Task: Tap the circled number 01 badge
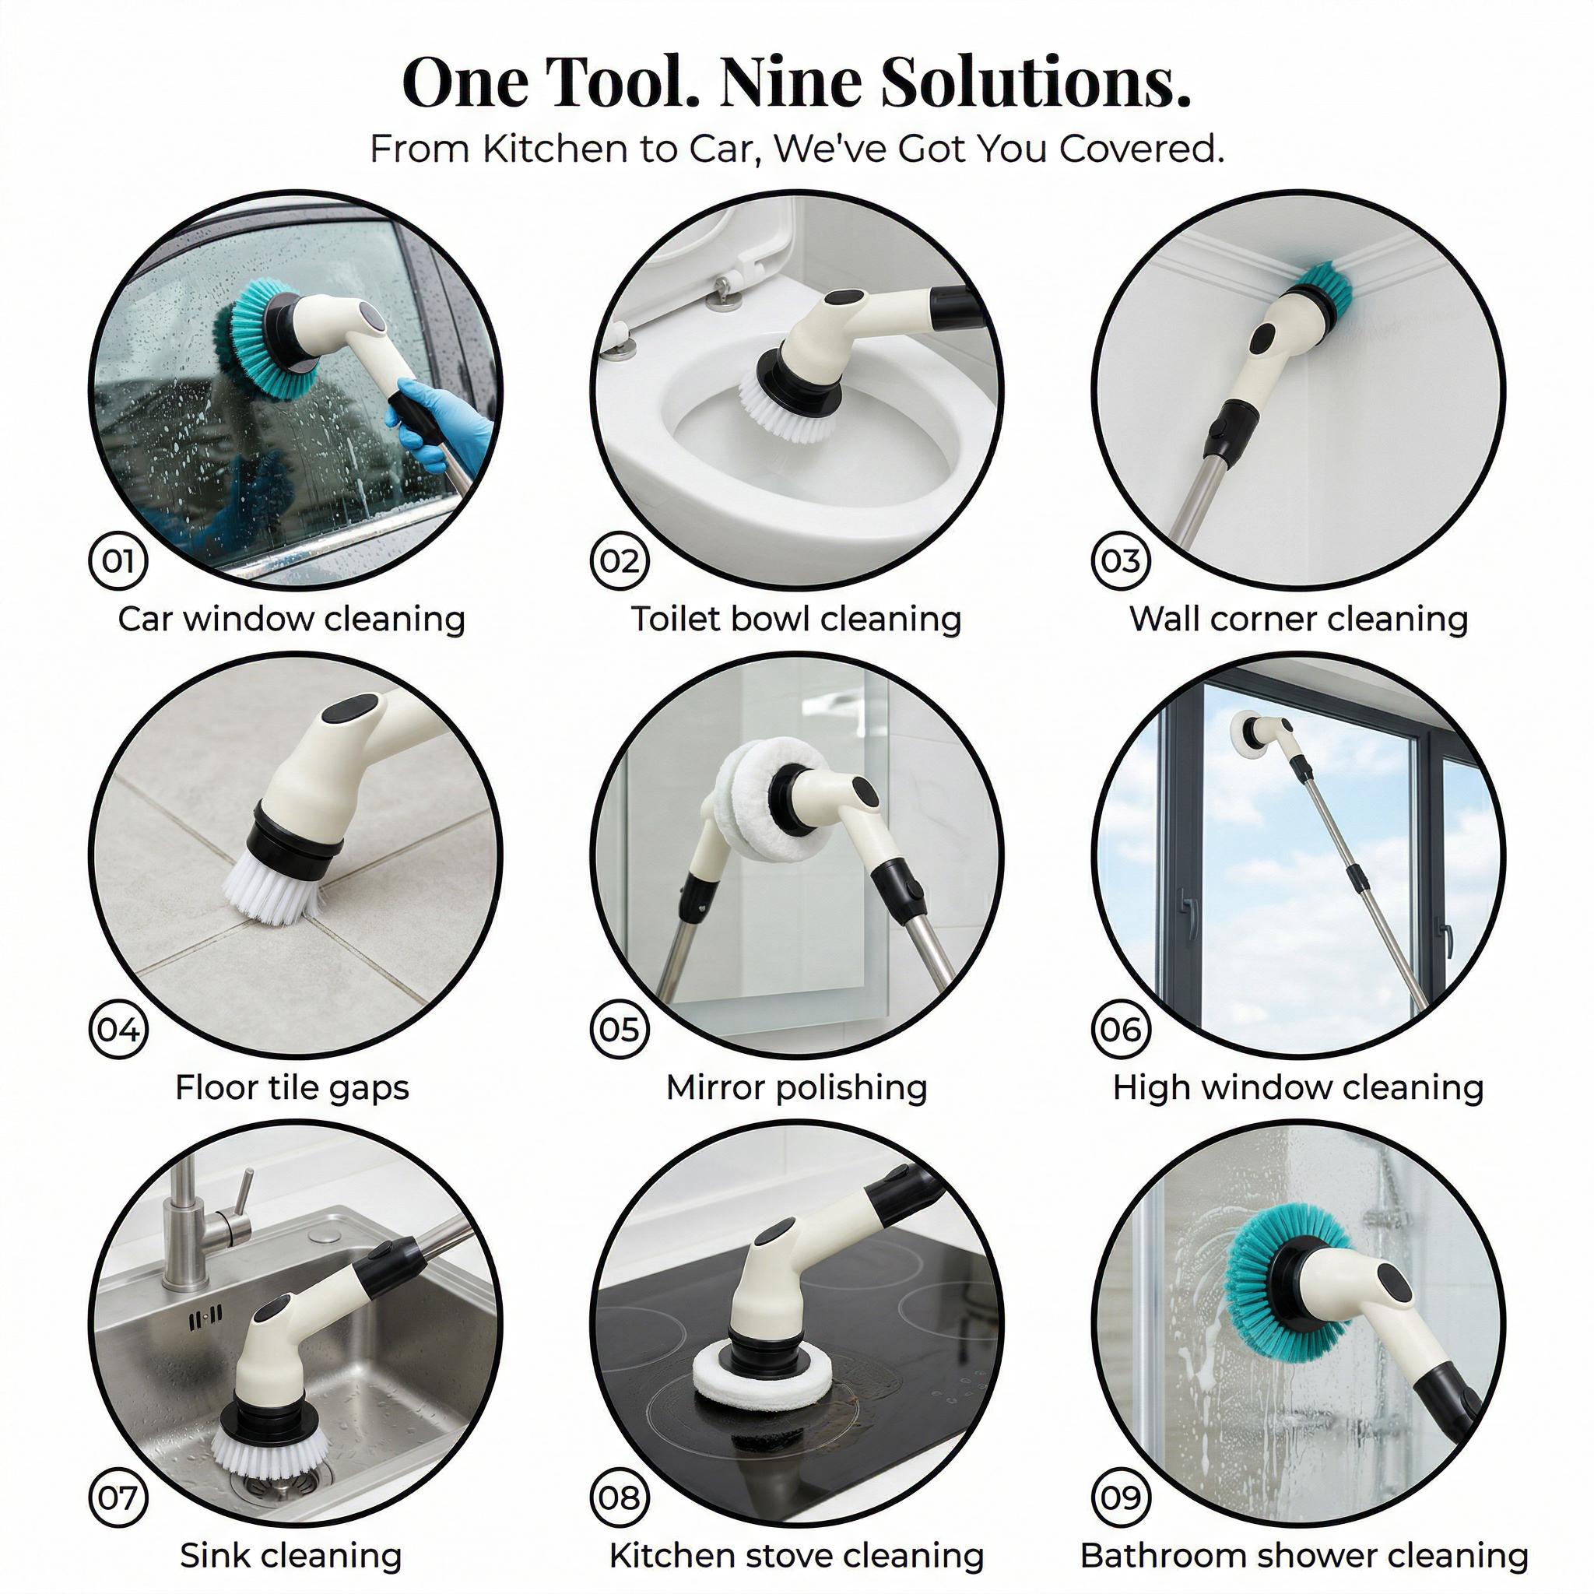pyautogui.click(x=118, y=561)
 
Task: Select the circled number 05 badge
pyautogui.click(x=620, y=1030)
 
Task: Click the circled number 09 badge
pyautogui.click(x=1121, y=1497)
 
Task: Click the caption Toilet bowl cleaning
pyautogui.click(x=796, y=619)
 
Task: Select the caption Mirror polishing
pyautogui.click(x=796, y=1087)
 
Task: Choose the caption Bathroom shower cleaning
pyautogui.click(x=1304, y=1556)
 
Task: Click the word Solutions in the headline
pyautogui.click(x=1035, y=83)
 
